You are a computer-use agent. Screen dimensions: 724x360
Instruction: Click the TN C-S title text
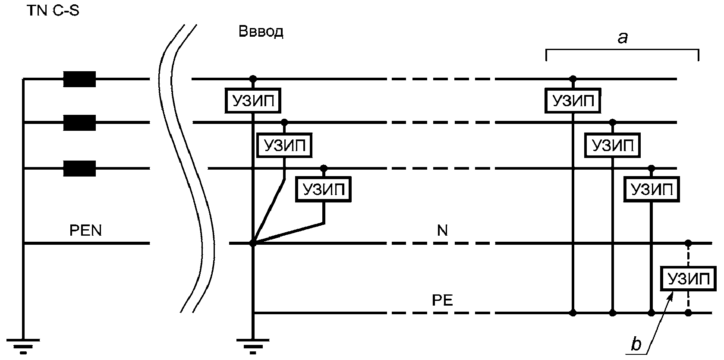pos(53,11)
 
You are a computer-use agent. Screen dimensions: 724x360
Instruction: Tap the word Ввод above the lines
pos(261,32)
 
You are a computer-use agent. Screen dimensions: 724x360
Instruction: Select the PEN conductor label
pos(86,231)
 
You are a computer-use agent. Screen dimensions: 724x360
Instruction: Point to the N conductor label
pos(443,231)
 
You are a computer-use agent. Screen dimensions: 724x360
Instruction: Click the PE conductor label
pos(443,300)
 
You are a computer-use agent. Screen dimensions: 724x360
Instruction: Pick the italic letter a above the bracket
pos(623,38)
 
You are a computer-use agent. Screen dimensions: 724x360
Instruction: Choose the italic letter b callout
pos(636,344)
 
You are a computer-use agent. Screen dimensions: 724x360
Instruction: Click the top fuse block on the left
pos(79,79)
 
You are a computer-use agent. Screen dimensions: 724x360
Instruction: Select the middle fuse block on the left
pos(79,123)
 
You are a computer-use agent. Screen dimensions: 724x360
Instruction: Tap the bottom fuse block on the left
pos(79,168)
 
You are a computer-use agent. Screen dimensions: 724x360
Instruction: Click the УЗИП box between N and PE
pos(688,279)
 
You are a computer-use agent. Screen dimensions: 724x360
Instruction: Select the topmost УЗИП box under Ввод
pos(253,101)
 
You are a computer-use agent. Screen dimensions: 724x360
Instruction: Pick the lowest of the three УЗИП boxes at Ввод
pos(324,189)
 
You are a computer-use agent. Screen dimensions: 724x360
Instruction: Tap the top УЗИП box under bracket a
pos(573,101)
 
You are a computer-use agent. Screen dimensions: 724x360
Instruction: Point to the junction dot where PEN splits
pos(253,243)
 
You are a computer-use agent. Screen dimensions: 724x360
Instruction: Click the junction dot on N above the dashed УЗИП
pos(689,243)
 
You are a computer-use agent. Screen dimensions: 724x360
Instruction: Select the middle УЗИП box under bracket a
pos(613,145)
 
